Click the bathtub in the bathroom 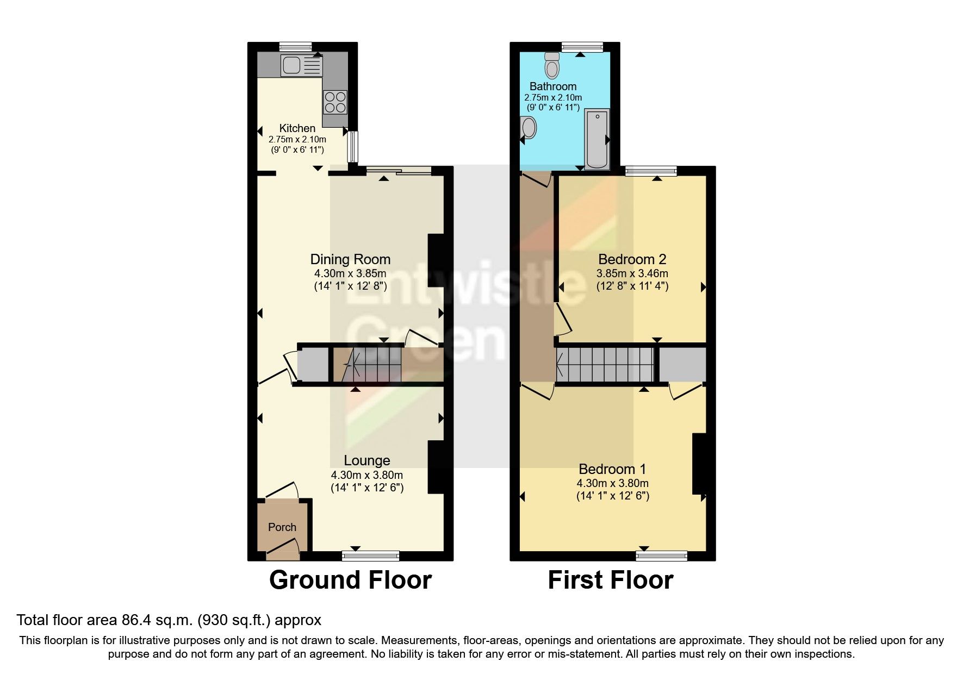point(597,138)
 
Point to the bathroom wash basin point(529,128)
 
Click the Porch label point(282,527)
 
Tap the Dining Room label point(350,259)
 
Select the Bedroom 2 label point(632,259)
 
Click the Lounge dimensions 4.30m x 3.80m point(367,475)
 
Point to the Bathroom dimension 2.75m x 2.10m point(553,97)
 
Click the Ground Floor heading point(350,580)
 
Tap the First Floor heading point(610,580)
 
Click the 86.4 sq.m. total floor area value point(154,620)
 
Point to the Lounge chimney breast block point(436,466)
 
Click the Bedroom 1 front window point(661,556)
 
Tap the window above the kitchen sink point(296,47)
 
